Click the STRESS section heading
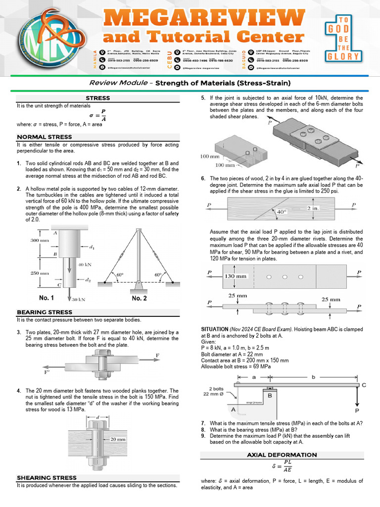pyautogui.click(x=98, y=98)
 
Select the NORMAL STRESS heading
pyautogui.click(x=45, y=137)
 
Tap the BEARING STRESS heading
pyautogui.click(x=45, y=312)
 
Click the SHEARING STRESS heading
pyautogui.click(x=47, y=478)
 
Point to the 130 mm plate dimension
pyautogui.click(x=236, y=276)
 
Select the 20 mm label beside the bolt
pyautogui.click(x=118, y=439)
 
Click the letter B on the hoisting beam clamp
pyautogui.click(x=270, y=395)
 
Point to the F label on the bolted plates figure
pyautogui.click(x=157, y=355)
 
